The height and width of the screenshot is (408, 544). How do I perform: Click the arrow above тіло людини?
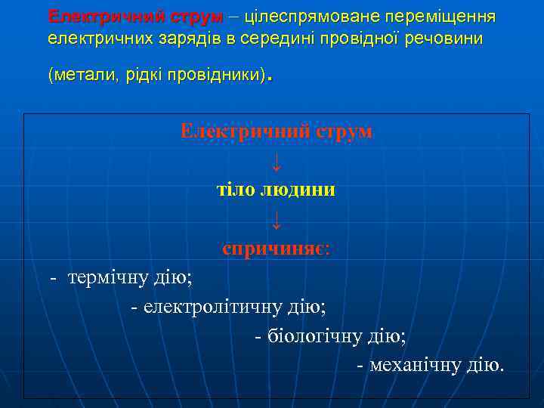point(277,159)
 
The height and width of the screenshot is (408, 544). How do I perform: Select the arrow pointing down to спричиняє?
point(277,219)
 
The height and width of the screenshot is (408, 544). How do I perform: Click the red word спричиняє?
point(276,248)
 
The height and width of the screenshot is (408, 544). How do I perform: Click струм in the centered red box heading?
point(345,131)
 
